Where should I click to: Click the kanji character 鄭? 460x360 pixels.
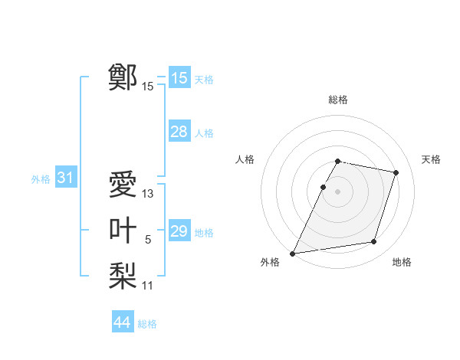click(x=123, y=77)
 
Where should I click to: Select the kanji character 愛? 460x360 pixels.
click(x=123, y=185)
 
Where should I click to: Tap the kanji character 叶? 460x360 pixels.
click(x=123, y=230)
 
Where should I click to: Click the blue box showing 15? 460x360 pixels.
click(x=179, y=78)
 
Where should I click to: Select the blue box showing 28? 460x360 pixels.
click(x=179, y=132)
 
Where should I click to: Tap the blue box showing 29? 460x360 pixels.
click(x=179, y=231)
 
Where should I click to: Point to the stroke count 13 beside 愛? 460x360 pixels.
click(x=148, y=195)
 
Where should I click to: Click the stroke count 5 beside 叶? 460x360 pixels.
click(x=148, y=240)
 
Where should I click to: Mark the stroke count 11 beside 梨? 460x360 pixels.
click(x=148, y=286)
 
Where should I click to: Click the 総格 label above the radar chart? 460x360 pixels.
click(x=338, y=100)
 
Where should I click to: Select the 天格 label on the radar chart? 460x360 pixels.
click(x=432, y=159)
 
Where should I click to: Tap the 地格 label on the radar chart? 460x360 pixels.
click(x=402, y=262)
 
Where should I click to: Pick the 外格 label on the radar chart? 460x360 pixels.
click(x=270, y=262)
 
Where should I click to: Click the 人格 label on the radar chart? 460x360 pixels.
click(x=245, y=159)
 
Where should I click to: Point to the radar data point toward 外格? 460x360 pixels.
click(x=293, y=254)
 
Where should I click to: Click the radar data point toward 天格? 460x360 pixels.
click(x=396, y=172)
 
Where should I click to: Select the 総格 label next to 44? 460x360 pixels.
click(x=147, y=324)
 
